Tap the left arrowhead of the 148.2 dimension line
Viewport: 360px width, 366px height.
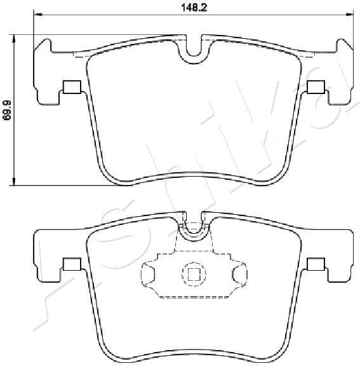pyautogui.click(x=37, y=15)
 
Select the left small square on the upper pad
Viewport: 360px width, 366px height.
pyautogui.click(x=71, y=87)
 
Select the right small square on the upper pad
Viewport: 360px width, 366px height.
pyautogui.click(x=316, y=87)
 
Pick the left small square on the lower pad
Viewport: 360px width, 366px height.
pyautogui.click(x=71, y=264)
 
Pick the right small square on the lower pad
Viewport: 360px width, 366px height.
pyautogui.click(x=316, y=264)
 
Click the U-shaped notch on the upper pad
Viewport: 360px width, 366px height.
pyautogui.click(x=194, y=52)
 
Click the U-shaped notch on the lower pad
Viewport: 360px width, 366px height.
pyautogui.click(x=194, y=230)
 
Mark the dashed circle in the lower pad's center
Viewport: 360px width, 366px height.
pyautogui.click(x=194, y=274)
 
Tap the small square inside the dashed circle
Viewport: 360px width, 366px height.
pyautogui.click(x=194, y=274)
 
